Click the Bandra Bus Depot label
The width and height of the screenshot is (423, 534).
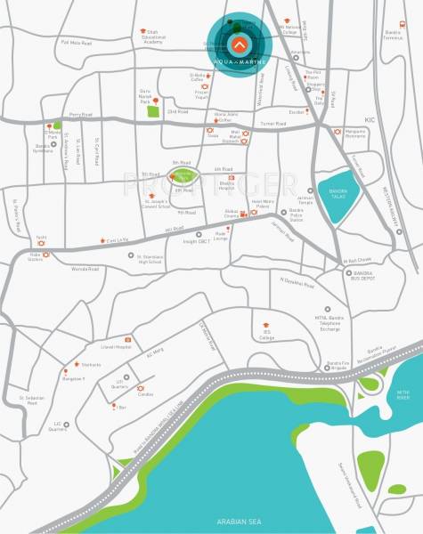pyautogui.click(x=361, y=275)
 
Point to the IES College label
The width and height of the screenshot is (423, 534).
pyautogui.click(x=267, y=336)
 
